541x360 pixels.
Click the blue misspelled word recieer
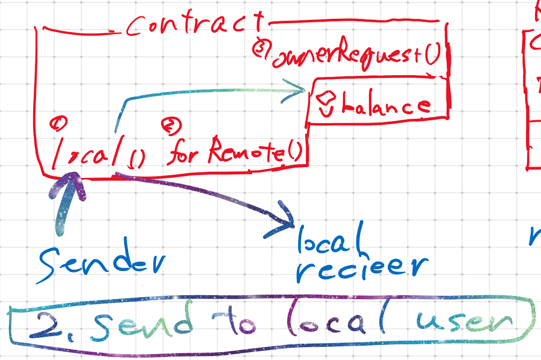(361, 270)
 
